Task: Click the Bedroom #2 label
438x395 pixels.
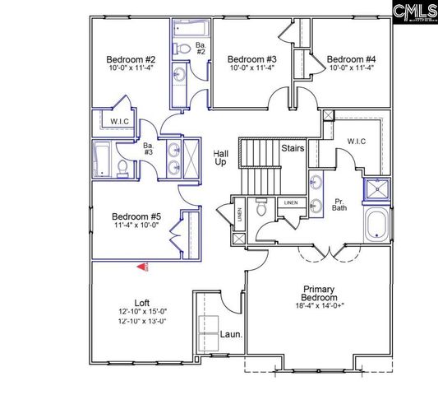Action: (x=131, y=59)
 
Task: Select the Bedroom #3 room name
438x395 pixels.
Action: (x=251, y=59)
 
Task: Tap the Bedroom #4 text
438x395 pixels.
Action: (x=351, y=59)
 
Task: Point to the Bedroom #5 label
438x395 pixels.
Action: (x=136, y=217)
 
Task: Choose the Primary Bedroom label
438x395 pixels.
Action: (x=320, y=295)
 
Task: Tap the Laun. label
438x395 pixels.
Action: (x=231, y=335)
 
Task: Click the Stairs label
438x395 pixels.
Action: (x=293, y=149)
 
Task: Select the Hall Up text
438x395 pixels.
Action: (x=220, y=158)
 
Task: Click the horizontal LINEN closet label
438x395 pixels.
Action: (x=291, y=202)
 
